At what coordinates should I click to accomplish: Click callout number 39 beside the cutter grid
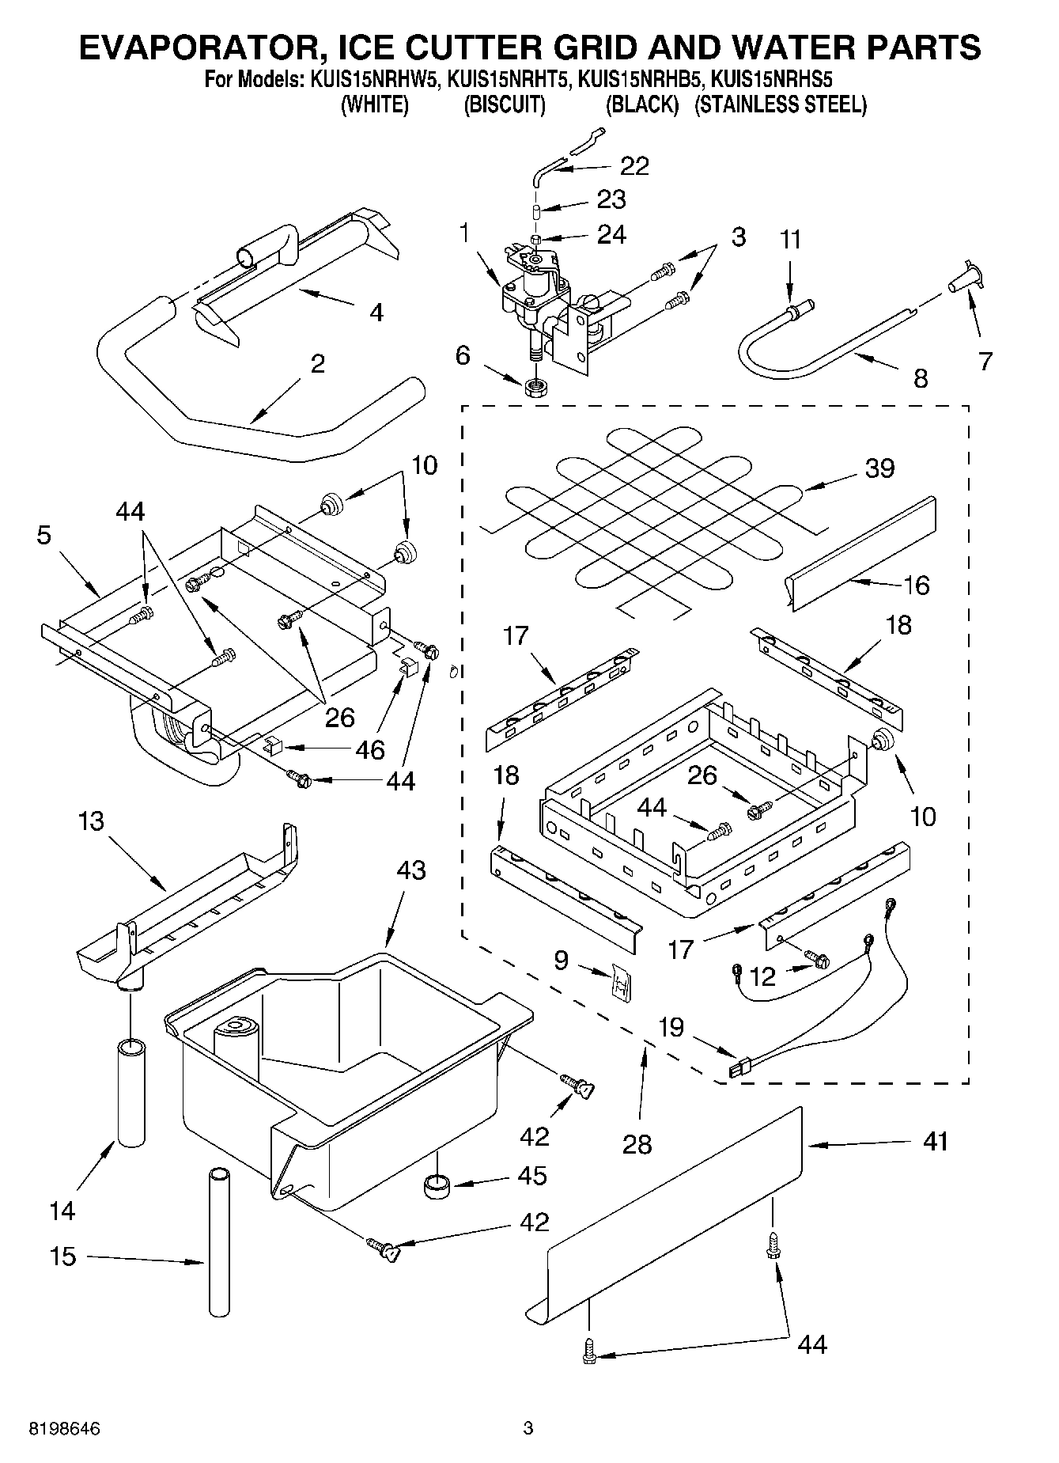point(879,468)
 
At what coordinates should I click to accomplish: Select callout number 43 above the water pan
point(411,870)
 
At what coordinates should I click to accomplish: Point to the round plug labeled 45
point(437,1186)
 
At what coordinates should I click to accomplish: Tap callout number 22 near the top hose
point(634,165)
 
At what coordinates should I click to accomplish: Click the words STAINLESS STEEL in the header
point(781,105)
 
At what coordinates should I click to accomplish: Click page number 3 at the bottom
point(528,1429)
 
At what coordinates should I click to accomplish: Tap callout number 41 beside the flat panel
point(936,1142)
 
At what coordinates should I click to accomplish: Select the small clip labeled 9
point(619,983)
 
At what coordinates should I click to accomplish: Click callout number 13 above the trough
point(92,821)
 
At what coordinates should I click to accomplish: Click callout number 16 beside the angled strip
point(916,586)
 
